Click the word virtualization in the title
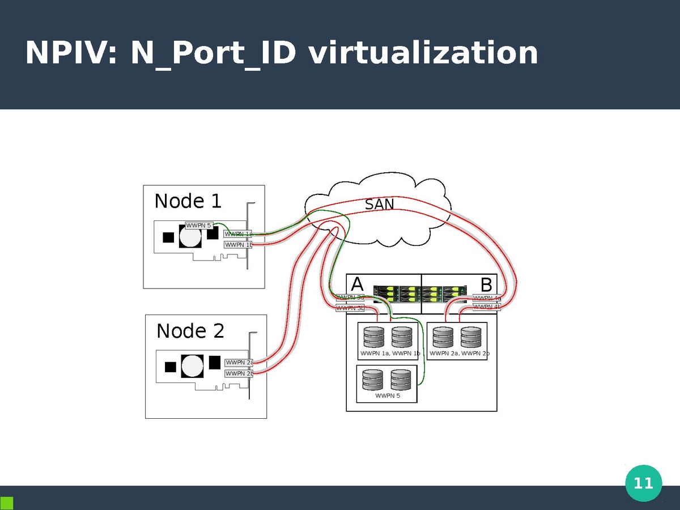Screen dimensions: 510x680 pos(423,53)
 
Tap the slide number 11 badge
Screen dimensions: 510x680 pos(643,483)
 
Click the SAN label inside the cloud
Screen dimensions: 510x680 pos(379,204)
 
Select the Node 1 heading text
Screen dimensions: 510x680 pos(188,201)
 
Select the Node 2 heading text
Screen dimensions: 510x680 pos(190,330)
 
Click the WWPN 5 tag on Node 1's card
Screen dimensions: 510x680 pos(199,226)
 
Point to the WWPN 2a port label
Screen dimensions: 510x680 pos(239,363)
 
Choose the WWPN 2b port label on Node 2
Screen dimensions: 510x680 pos(239,373)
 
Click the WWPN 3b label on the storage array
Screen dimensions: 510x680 pos(350,308)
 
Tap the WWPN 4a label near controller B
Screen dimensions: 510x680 pos(487,298)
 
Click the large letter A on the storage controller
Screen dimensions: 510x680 pos(357,284)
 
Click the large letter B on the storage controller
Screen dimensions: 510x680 pos(486,284)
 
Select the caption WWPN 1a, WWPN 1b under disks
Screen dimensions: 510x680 pos(390,354)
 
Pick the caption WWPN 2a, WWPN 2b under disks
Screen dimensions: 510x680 pos(459,354)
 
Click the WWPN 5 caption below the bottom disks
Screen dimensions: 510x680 pos(388,396)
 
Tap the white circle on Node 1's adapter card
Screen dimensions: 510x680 pos(190,236)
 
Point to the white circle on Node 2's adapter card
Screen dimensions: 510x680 pos(192,365)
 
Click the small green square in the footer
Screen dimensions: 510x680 pos(7,503)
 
